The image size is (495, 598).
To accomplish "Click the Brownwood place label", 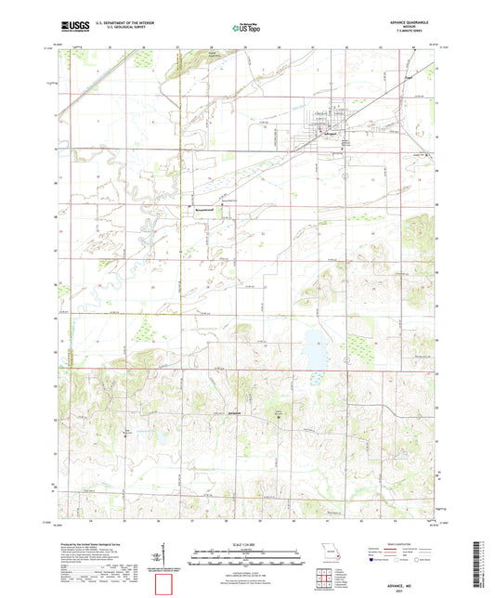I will (202, 208).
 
